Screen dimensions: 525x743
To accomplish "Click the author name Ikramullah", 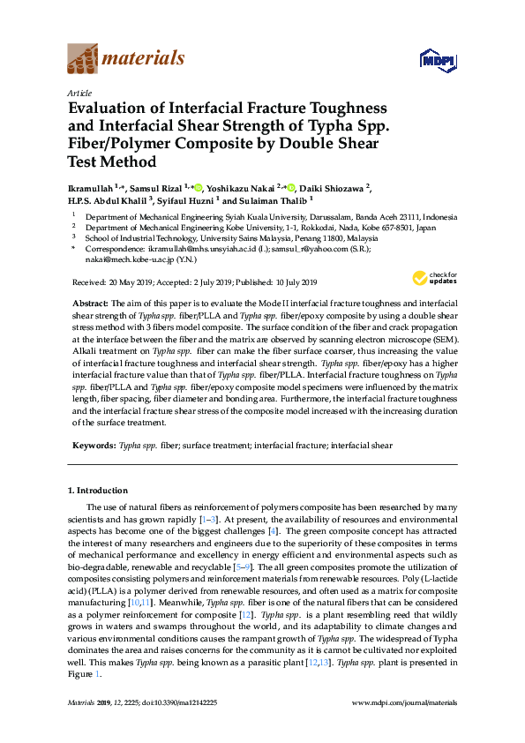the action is pyautogui.click(x=91, y=187).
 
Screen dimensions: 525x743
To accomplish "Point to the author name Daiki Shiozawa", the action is pyautogui.click(x=334, y=187).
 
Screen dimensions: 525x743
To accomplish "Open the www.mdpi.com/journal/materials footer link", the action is pyautogui.click(x=404, y=703).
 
